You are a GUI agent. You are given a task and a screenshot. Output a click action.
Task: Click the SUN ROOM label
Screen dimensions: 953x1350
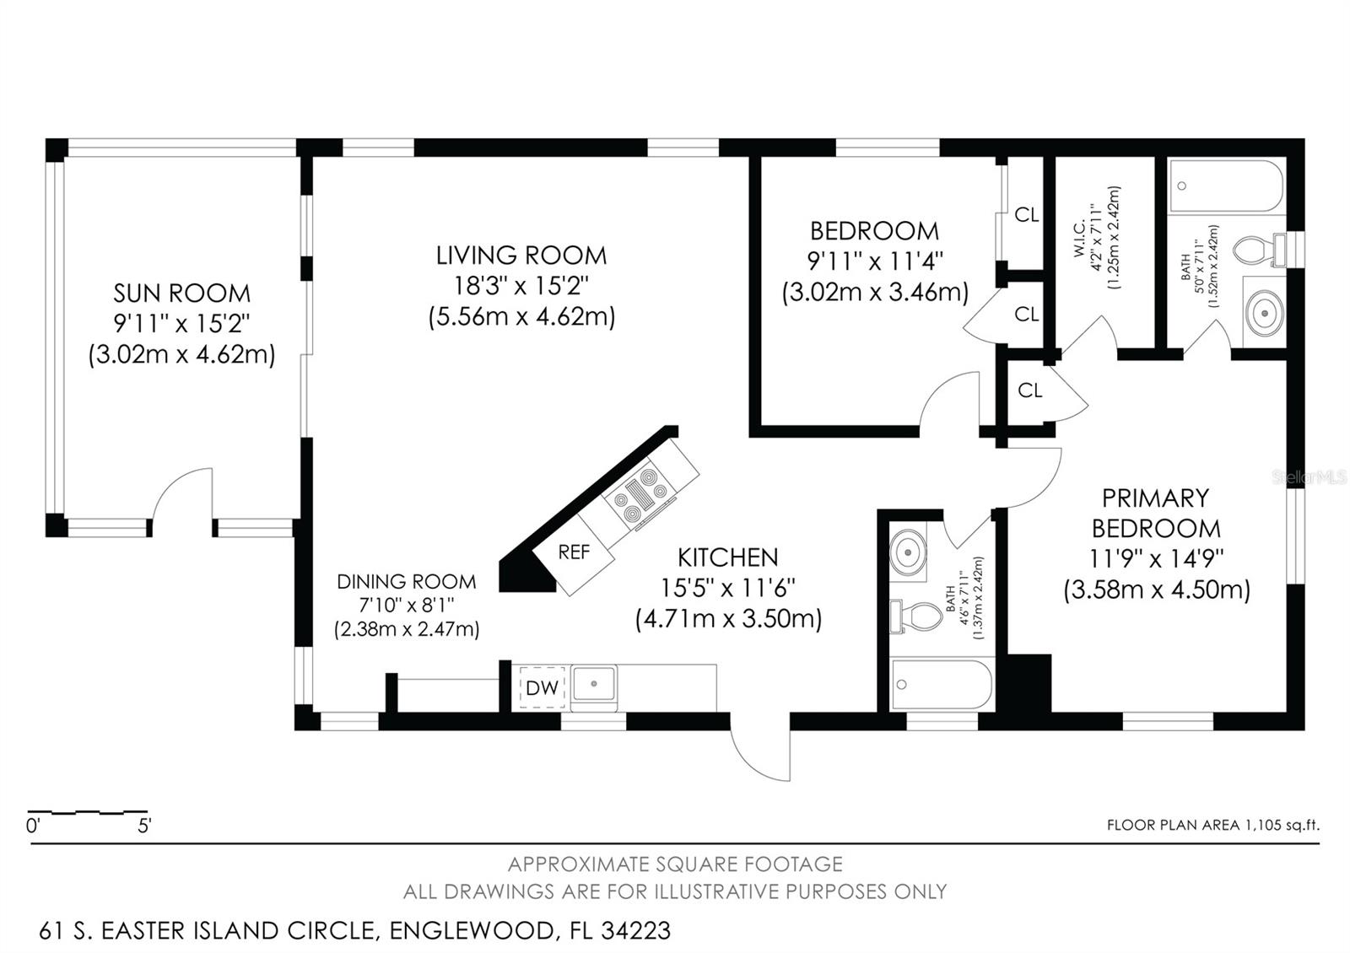181,293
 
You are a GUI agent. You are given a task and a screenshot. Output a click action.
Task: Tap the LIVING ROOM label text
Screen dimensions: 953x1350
521,256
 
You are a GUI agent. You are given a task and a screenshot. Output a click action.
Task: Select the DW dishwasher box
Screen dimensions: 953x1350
542,687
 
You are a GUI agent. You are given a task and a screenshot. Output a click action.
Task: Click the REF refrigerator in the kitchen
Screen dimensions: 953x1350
575,552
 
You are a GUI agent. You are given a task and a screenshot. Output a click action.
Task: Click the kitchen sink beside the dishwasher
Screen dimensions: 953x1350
594,684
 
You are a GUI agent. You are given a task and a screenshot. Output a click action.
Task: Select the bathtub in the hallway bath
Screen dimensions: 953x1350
942,686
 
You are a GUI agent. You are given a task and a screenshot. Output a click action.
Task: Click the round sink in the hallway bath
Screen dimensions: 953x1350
908,553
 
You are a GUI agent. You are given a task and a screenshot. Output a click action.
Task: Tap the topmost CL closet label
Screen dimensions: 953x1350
1026,215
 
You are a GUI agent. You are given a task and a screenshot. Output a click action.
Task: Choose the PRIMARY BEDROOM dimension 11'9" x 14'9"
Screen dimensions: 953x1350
1156,558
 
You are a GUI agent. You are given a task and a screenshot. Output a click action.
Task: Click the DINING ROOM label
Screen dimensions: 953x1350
406,582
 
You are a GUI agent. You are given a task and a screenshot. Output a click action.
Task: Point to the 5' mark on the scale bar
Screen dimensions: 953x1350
145,825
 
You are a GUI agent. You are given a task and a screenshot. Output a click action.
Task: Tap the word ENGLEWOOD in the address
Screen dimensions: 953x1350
471,931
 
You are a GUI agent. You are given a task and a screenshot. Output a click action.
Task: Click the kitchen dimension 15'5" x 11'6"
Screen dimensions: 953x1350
728,588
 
